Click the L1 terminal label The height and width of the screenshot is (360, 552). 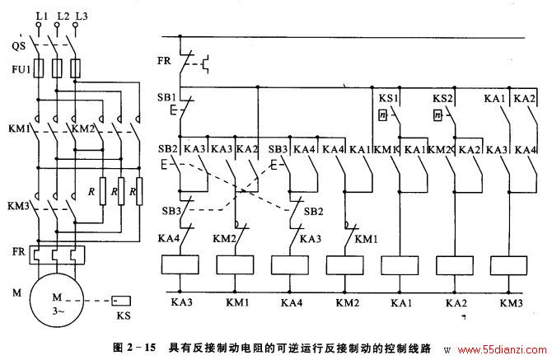point(41,16)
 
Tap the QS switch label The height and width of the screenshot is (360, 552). point(18,46)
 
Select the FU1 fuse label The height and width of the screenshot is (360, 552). point(21,69)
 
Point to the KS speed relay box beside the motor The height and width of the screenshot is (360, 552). point(121,302)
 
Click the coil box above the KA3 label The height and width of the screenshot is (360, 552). point(180,264)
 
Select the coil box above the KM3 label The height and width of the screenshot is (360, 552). point(508,265)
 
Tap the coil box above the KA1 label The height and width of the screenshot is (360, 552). point(400,265)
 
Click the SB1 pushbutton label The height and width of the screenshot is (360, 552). point(166,97)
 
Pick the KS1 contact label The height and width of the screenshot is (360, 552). point(387,98)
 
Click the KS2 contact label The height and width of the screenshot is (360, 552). point(442,98)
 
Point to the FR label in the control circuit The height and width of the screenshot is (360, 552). point(164,61)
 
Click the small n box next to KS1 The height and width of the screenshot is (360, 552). point(382,115)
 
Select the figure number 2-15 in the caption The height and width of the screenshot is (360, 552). point(141,348)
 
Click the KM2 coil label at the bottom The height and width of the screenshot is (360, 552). point(347,302)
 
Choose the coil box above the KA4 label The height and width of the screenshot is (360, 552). point(290,265)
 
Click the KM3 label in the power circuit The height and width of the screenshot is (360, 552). point(18,205)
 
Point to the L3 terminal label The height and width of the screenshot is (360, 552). point(82,16)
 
